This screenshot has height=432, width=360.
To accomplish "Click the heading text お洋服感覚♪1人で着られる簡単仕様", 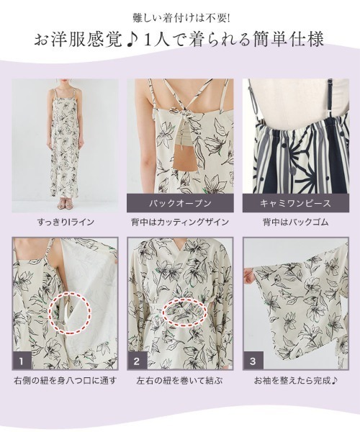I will point(180,37).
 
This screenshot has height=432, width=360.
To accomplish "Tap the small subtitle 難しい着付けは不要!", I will point(180,14).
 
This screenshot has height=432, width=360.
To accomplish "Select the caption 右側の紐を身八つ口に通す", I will point(65,379).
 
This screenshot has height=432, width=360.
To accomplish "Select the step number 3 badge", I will point(252,357).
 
